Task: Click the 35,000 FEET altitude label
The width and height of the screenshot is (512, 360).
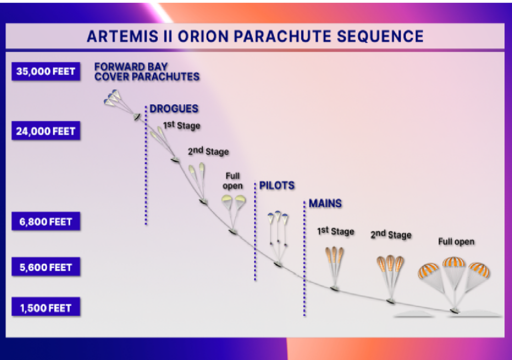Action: [x=46, y=71]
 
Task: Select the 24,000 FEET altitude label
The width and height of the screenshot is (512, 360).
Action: [x=46, y=131]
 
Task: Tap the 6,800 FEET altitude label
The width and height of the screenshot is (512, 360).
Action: [x=46, y=221]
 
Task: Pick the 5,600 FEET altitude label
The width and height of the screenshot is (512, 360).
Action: [x=46, y=267]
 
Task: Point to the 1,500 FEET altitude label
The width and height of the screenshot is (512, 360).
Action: [x=46, y=308]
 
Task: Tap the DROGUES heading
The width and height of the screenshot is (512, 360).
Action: [x=173, y=109]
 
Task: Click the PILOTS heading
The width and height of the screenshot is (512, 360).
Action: [x=276, y=186]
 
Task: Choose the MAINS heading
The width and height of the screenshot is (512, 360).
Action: [x=325, y=203]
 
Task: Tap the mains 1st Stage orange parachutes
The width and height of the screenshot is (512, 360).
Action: [x=334, y=255]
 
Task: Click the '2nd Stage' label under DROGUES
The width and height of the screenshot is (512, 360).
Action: [x=208, y=151]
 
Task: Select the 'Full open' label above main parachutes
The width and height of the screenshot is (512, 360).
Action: [x=456, y=242]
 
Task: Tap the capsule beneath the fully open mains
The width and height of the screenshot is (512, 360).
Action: [x=454, y=311]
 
